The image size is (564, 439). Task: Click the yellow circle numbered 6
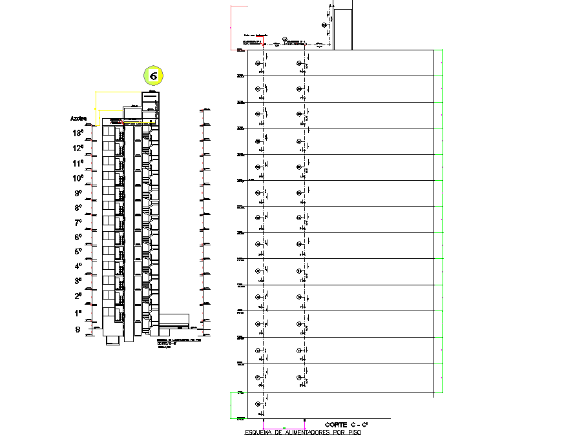pos(154,76)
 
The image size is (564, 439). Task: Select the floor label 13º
pos(78,134)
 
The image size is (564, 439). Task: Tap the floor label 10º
pos(78,178)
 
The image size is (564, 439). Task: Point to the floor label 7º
pos(78,222)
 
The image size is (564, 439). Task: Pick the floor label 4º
pos(78,266)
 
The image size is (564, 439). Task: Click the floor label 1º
pos(78,312)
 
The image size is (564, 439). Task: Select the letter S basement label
pos(78,329)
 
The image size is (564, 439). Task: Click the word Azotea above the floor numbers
pos(78,119)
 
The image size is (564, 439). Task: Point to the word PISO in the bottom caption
pos(353,433)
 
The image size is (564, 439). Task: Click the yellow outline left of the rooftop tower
pos(97,107)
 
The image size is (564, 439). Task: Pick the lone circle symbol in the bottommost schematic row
pos(258,403)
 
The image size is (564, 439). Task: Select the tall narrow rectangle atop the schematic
pos(342,29)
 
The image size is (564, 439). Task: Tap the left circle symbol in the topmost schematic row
pos(258,63)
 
